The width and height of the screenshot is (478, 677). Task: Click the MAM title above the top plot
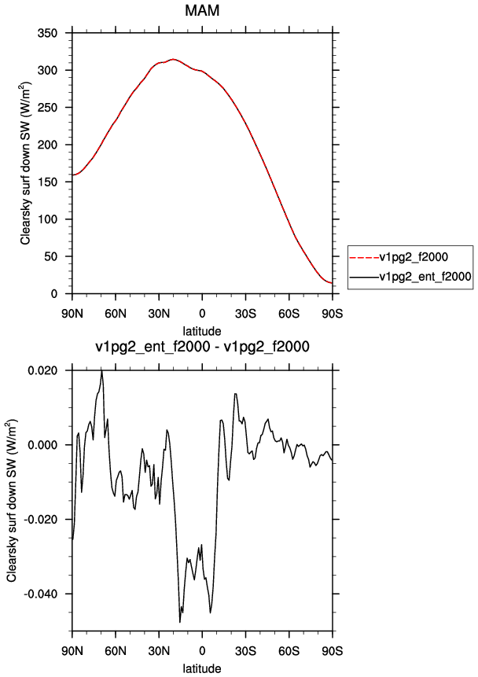point(202,10)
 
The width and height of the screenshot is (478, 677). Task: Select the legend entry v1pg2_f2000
point(414,257)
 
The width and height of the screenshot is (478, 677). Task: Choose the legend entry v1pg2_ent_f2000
point(425,276)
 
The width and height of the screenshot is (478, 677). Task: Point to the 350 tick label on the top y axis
point(47,33)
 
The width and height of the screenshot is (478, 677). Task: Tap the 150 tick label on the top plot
point(47,182)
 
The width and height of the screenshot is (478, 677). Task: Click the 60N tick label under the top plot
point(116,314)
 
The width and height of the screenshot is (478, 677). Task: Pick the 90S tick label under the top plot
point(332,314)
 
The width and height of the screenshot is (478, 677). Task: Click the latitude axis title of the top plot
point(202,331)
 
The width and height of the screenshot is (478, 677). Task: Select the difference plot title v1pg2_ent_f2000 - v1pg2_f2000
point(202,346)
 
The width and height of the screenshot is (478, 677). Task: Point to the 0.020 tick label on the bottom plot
point(43,370)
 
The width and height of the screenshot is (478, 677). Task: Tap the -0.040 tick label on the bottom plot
point(41,594)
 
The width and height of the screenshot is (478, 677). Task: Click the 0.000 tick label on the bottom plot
point(43,445)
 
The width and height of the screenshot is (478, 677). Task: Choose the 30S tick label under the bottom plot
point(245,650)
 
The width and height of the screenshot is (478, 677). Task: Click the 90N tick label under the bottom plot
point(72,650)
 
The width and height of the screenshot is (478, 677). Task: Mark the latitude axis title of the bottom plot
point(202,668)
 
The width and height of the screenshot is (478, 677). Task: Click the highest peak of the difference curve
point(102,370)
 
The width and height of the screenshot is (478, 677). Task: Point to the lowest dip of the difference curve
point(180,622)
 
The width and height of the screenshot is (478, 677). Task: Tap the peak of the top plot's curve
point(173,59)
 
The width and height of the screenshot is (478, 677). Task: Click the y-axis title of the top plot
point(25,162)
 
